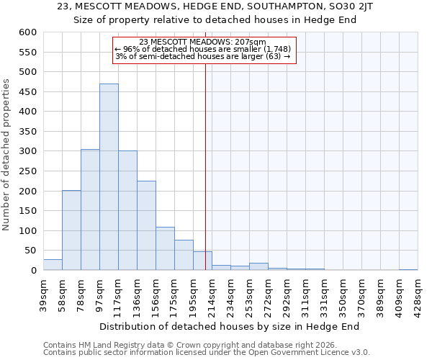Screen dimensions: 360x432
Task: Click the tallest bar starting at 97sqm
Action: pyautogui.click(x=109, y=177)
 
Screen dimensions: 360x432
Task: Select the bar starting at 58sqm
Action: pyautogui.click(x=71, y=230)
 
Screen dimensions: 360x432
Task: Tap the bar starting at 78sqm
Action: pyautogui.click(x=90, y=210)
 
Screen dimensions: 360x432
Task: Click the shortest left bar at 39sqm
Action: pyautogui.click(x=53, y=265)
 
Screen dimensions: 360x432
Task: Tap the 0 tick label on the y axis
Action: pyautogui.click(x=33, y=271)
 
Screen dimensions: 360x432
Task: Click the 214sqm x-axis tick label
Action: pyautogui.click(x=212, y=294)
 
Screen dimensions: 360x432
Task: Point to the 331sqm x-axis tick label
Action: pyautogui.click(x=324, y=294)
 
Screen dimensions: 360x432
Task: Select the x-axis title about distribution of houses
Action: pyautogui.click(x=229, y=326)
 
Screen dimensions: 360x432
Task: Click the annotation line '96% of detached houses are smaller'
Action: pyautogui.click(x=202, y=49)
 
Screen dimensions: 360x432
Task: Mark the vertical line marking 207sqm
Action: pyautogui.click(x=205, y=158)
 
